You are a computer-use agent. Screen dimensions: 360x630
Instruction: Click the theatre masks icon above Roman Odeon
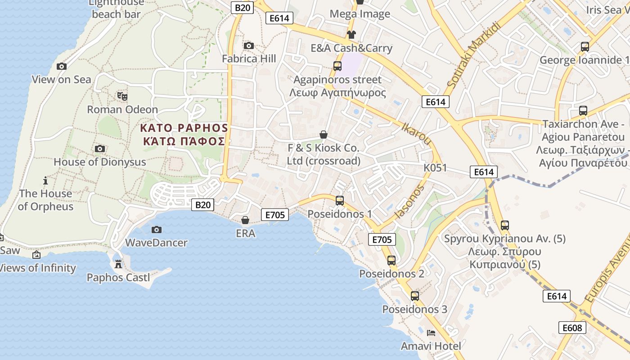[122, 96]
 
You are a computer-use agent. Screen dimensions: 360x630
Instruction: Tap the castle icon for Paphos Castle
[118, 264]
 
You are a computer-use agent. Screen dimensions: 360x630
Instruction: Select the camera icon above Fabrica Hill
[248, 45]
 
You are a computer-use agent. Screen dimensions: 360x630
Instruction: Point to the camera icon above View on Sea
[62, 66]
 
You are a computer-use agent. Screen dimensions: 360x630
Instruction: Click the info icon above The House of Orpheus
[45, 180]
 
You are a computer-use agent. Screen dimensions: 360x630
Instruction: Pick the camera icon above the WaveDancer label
[156, 229]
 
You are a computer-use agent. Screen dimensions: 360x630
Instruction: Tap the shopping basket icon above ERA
[245, 220]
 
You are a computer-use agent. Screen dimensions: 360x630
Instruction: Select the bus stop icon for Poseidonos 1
[340, 201]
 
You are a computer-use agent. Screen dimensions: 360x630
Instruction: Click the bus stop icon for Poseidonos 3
[415, 296]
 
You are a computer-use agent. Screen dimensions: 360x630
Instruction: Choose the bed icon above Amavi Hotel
[431, 333]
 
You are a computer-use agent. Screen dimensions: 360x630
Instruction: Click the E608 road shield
[572, 328]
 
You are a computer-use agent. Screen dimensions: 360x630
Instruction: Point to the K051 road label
[435, 168]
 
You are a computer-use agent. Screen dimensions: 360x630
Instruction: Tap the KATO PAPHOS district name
[184, 128]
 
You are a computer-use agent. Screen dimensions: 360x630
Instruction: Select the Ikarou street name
[416, 134]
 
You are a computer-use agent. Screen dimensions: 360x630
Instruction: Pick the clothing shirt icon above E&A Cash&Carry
[351, 35]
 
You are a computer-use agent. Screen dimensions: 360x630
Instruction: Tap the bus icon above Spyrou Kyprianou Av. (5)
[505, 225]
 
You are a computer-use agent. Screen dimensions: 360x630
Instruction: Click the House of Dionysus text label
[100, 162]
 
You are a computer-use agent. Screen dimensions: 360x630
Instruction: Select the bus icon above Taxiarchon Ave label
[583, 111]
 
